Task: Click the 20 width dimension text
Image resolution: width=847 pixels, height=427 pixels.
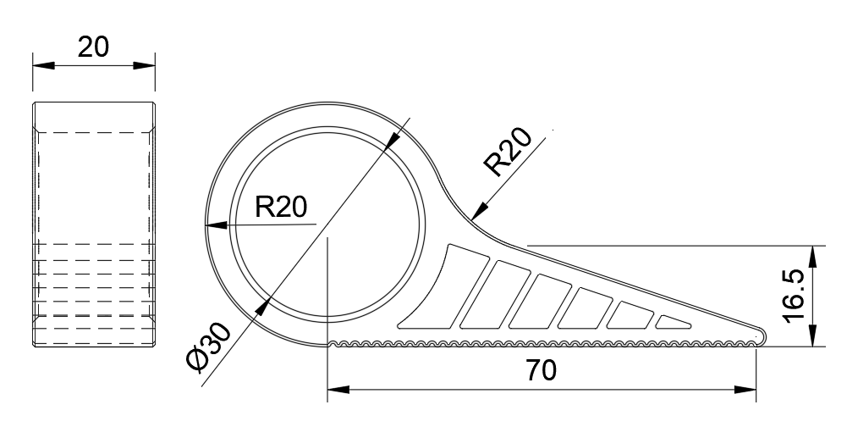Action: [x=93, y=47]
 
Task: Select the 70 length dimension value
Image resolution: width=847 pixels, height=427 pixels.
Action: [x=540, y=371]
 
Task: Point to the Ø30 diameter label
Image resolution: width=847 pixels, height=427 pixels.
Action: [x=208, y=346]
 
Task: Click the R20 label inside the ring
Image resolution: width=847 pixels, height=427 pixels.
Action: [x=281, y=206]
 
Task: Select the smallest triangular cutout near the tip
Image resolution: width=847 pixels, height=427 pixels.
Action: [x=672, y=323]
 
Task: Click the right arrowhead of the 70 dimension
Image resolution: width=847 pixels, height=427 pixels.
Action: [x=745, y=390]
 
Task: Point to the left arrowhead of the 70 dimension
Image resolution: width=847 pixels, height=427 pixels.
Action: [x=338, y=390]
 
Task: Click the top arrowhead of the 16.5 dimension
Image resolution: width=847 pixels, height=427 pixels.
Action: [x=813, y=257]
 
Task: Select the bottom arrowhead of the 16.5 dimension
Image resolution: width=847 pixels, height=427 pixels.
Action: [x=813, y=335]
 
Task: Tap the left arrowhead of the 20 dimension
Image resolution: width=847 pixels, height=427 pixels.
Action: [x=44, y=65]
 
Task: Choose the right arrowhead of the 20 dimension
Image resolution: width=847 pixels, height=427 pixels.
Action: [x=144, y=65]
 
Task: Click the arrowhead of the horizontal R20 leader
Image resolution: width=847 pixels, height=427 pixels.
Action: [x=217, y=225]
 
